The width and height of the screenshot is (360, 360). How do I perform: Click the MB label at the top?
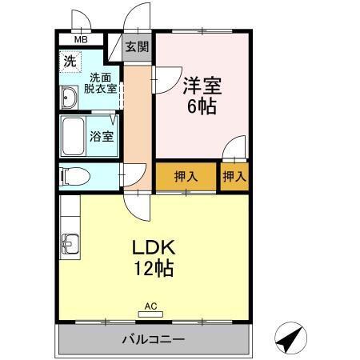tap(81, 39)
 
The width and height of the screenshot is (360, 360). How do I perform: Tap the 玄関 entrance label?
tap(137, 46)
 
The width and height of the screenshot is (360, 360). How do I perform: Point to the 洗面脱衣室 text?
tap(100, 83)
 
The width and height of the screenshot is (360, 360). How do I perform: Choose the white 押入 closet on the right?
tap(234, 176)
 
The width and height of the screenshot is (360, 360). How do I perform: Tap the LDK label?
tap(154, 247)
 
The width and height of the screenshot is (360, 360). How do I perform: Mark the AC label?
tap(151, 305)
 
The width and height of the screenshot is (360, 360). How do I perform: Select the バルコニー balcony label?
tap(154, 339)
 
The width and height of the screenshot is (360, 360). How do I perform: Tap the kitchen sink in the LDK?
tap(67, 242)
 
